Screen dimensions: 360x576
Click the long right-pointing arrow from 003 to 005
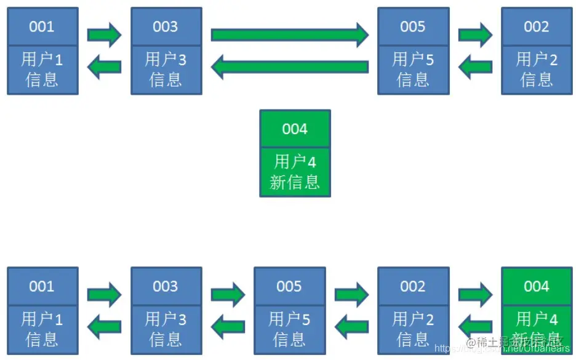tap(289, 35)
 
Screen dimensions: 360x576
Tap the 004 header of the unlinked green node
tap(295, 129)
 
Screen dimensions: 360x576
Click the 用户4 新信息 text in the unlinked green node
tap(295, 172)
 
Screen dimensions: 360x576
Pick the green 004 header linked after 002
tap(536, 286)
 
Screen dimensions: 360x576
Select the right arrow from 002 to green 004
tap(475, 295)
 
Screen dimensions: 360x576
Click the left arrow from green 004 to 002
tap(475, 326)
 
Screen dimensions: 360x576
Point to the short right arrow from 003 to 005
tap(228, 295)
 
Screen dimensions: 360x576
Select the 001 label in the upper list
tap(42, 26)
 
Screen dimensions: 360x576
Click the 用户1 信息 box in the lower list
tap(42, 329)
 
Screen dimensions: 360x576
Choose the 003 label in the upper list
tap(166, 26)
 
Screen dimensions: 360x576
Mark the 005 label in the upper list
tap(413, 26)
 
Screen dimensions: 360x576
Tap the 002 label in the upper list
tap(536, 26)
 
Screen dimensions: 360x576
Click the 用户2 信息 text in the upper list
tap(536, 69)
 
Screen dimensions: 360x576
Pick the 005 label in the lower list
tap(289, 286)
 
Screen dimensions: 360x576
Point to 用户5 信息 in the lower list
tap(289, 329)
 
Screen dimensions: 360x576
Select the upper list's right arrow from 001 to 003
tap(104, 35)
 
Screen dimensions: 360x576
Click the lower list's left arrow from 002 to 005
tap(351, 326)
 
